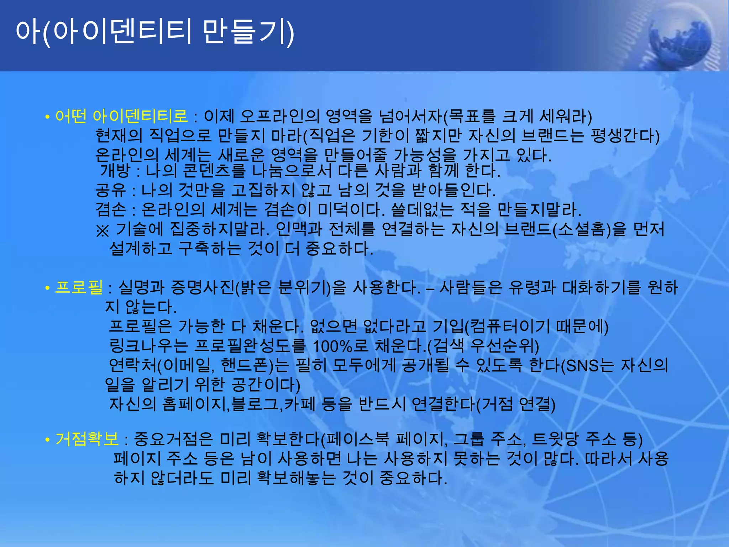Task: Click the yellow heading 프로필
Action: (x=79, y=287)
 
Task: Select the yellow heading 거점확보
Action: (x=87, y=439)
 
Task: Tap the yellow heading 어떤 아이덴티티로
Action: (x=121, y=116)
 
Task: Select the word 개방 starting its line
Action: (x=114, y=171)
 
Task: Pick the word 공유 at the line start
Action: (x=110, y=190)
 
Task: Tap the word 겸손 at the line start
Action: (x=110, y=209)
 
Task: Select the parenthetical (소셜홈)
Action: (x=581, y=229)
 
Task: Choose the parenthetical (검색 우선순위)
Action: (x=483, y=346)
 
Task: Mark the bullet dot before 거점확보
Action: (x=47, y=441)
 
